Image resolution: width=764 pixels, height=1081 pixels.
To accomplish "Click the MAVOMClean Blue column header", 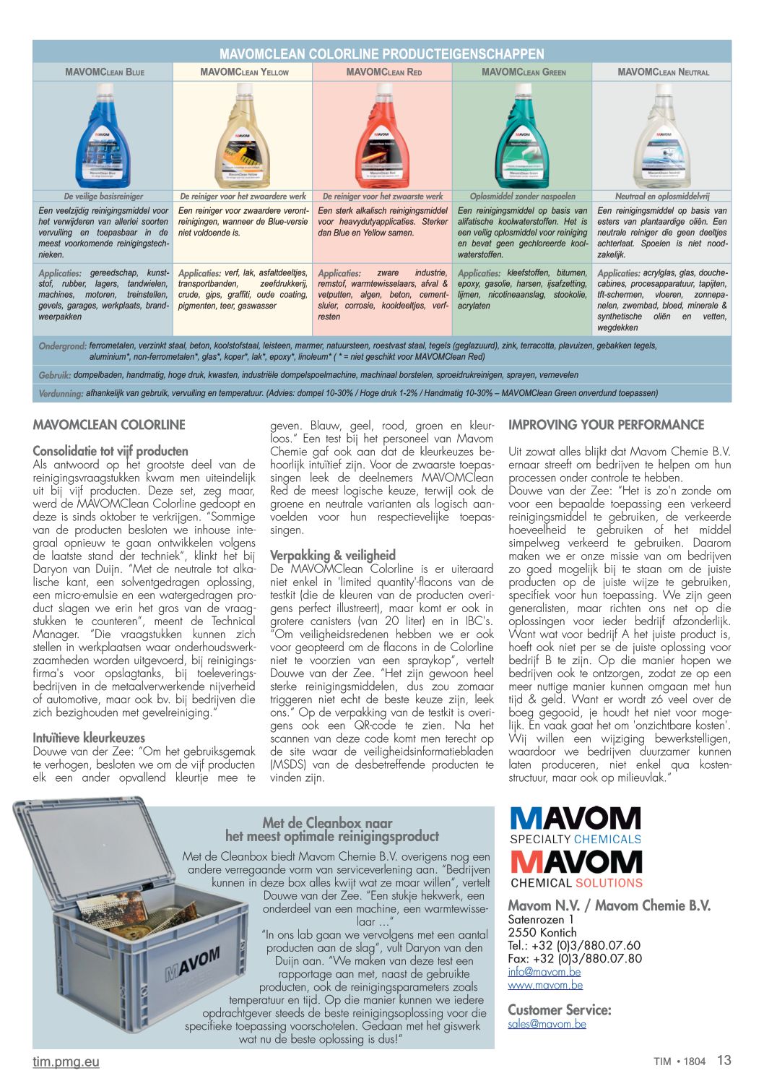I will click(x=104, y=72).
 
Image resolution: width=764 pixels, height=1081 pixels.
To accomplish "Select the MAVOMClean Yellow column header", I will click(x=244, y=72).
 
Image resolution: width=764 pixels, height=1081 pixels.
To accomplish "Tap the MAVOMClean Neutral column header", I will click(x=663, y=72).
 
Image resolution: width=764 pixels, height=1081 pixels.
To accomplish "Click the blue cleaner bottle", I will click(x=103, y=137).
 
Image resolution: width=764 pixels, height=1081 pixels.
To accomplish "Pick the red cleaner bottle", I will click(x=383, y=137).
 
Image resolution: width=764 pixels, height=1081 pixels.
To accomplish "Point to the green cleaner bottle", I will click(x=522, y=137).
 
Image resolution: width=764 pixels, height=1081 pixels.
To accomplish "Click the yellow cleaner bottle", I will click(x=243, y=137).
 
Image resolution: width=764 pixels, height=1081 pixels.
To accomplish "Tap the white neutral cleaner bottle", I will click(x=661, y=137).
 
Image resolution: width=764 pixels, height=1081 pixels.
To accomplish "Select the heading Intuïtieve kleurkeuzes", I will click(x=89, y=738).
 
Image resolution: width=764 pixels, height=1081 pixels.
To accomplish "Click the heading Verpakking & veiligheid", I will click(x=333, y=555).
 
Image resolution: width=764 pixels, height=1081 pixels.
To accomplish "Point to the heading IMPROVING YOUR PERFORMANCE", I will click(x=606, y=425).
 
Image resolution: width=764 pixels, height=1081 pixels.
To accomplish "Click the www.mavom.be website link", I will click(x=545, y=985).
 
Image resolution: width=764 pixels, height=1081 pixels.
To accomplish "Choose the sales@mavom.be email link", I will click(x=547, y=1024).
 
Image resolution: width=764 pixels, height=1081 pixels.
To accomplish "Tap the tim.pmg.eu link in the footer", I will click(x=66, y=1061).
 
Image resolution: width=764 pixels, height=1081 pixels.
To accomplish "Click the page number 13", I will click(x=724, y=1060).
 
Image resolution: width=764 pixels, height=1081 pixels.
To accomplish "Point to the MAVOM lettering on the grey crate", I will click(x=191, y=964).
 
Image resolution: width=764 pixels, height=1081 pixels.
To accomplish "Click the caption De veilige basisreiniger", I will click(x=103, y=196).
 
